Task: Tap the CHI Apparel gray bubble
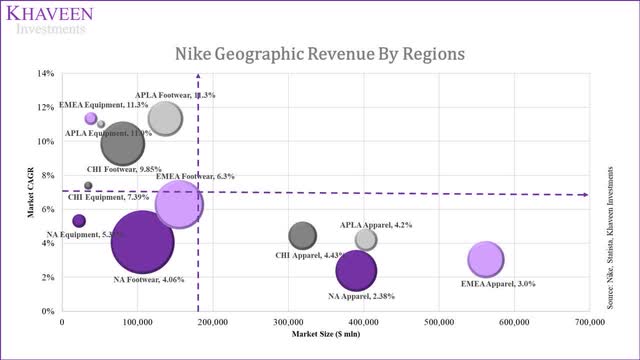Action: [303, 236]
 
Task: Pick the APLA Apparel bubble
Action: [366, 239]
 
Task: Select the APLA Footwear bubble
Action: [165, 119]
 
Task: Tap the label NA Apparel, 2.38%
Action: [362, 296]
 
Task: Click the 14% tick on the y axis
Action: [47, 74]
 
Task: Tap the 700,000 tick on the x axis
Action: [589, 322]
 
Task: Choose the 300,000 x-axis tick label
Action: [288, 322]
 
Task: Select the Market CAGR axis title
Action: [31, 192]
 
